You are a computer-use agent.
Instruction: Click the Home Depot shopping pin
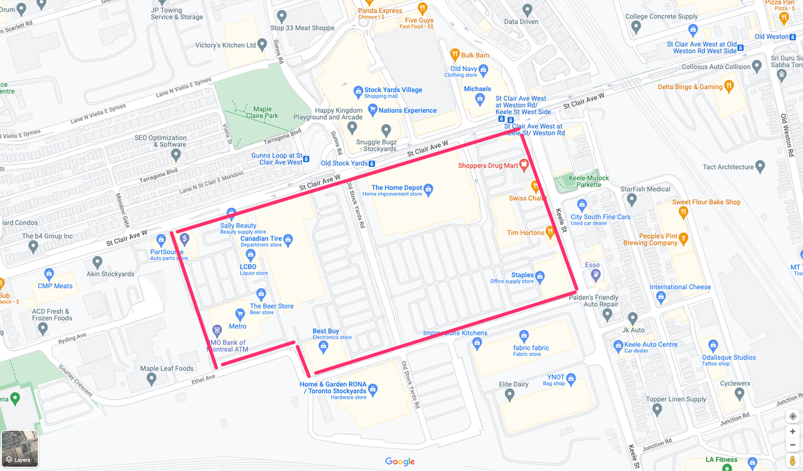428,188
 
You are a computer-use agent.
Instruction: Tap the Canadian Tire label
261,239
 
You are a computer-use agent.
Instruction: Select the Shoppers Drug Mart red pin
524,165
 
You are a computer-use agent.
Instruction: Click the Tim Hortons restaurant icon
550,232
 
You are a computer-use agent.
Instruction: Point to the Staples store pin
540,276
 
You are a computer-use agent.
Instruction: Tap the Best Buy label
326,331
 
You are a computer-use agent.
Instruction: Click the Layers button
19,449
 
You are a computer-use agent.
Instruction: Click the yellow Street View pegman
792,461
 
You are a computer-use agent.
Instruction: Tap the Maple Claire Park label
262,112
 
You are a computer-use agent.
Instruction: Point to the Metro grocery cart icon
239,314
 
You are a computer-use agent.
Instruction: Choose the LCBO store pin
250,255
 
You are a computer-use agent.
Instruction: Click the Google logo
400,462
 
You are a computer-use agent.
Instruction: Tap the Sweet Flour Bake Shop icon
683,212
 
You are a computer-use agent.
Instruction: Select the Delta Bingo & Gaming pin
728,86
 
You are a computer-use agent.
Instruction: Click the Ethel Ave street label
203,378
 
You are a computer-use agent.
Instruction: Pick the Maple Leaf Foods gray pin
151,379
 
